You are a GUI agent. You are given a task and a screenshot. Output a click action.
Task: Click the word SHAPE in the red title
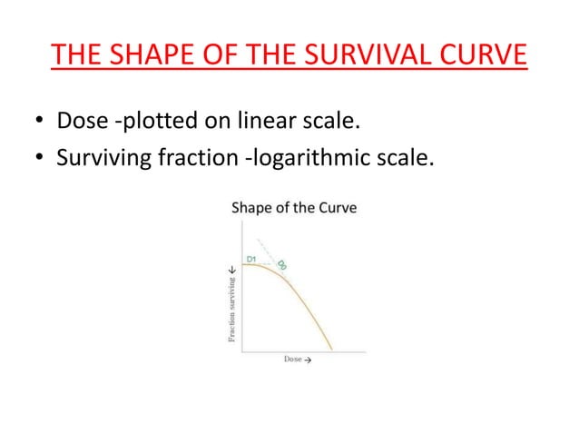tap(141, 56)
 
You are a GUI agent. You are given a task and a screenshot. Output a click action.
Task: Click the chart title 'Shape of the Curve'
tap(295, 208)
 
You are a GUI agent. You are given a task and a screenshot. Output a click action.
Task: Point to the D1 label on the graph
tap(254, 258)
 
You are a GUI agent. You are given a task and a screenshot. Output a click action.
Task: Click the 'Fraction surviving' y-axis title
tap(231, 305)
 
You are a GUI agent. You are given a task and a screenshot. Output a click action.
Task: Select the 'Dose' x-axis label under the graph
tap(293, 360)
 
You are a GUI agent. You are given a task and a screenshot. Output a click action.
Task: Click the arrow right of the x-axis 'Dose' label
tap(308, 360)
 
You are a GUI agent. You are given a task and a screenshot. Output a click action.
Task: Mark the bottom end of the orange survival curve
tap(331, 349)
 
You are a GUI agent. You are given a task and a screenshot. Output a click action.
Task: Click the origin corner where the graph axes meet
tap(242, 350)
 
